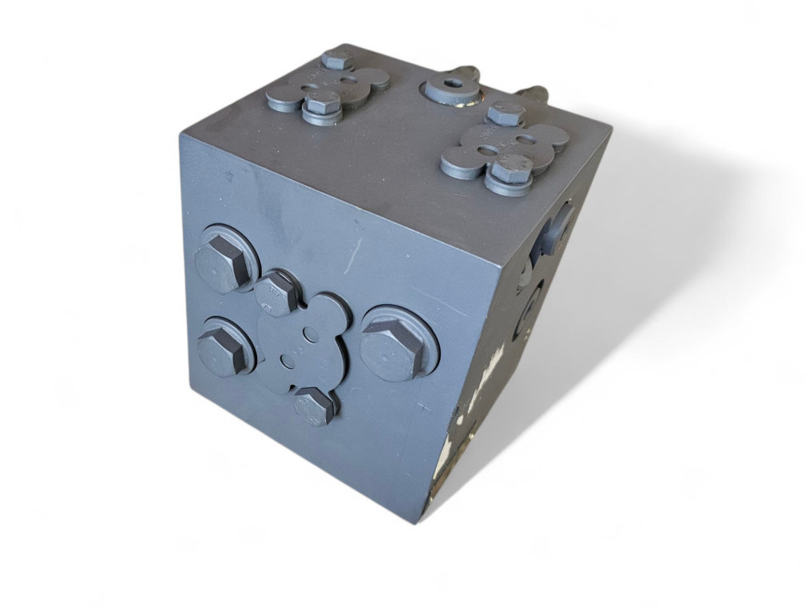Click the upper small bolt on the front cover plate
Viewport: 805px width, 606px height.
point(276,292)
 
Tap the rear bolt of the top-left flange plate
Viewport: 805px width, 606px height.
point(338,60)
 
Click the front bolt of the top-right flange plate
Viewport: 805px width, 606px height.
point(510,169)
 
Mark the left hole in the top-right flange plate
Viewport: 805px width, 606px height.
point(489,149)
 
